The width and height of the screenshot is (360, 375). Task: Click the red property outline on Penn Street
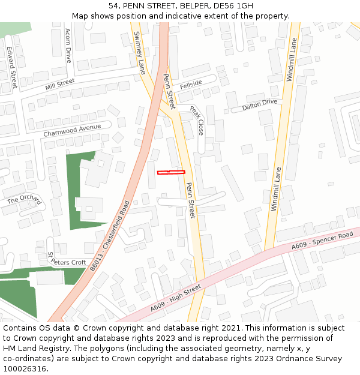171,173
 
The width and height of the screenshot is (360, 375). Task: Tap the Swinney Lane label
140,53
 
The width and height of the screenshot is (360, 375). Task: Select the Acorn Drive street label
68,46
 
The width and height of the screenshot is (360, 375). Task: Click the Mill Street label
59,84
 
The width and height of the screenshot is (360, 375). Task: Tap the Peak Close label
197,120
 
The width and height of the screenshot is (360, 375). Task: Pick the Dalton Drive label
259,106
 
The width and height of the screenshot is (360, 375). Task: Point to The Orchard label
24,200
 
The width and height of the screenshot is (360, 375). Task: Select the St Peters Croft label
67,259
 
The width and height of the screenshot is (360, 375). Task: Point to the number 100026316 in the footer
25,368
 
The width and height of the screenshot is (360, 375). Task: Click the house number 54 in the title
115,6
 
